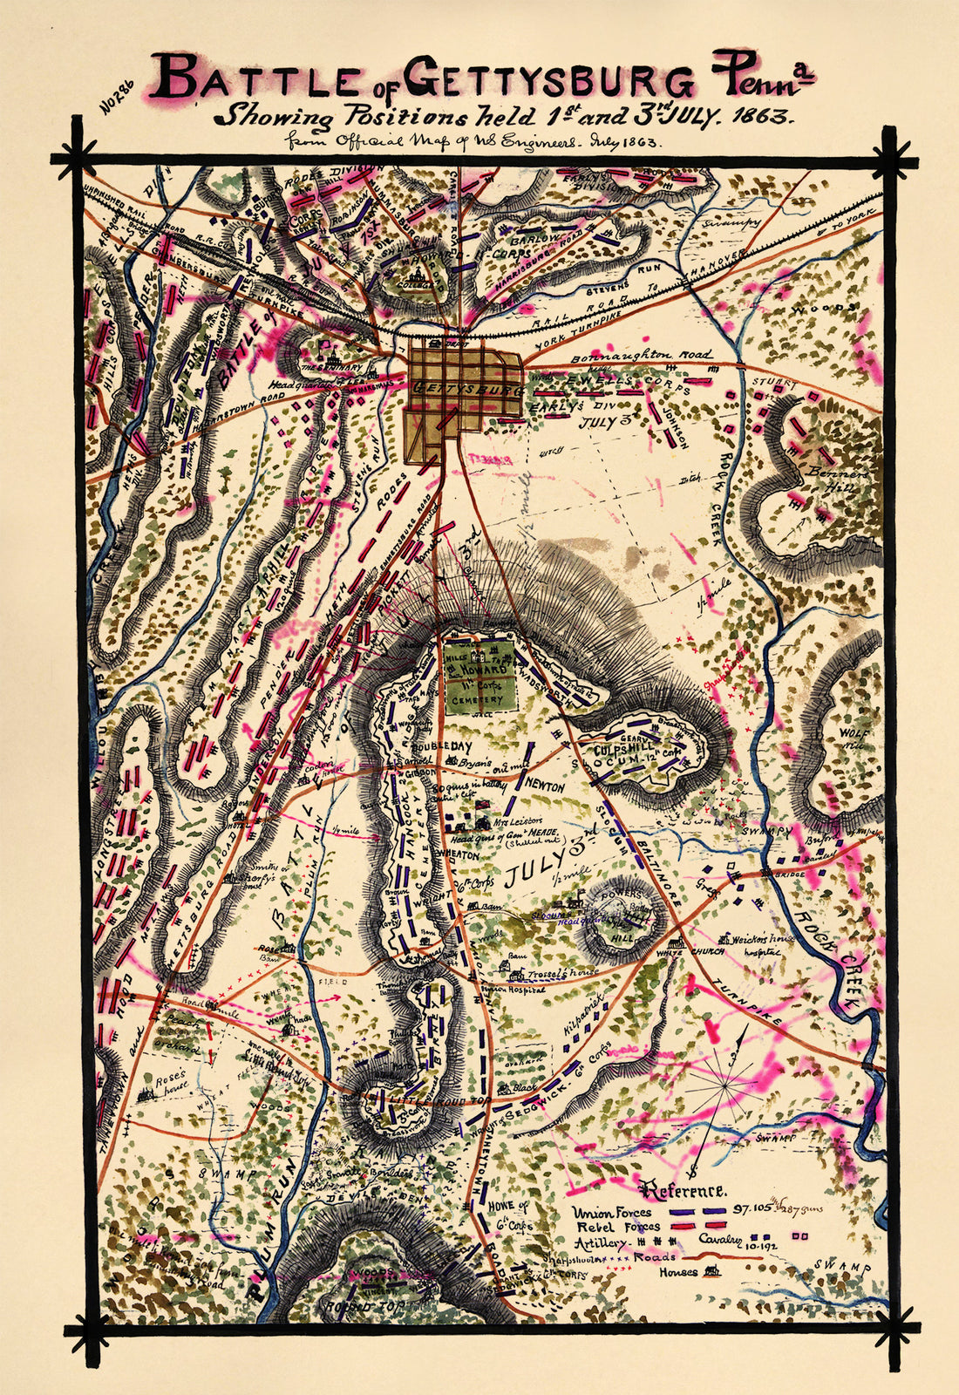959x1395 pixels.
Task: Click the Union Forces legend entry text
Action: (x=611, y=1212)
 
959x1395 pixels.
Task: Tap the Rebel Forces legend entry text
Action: (x=613, y=1228)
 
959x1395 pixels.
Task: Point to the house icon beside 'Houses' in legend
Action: (x=712, y=1272)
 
